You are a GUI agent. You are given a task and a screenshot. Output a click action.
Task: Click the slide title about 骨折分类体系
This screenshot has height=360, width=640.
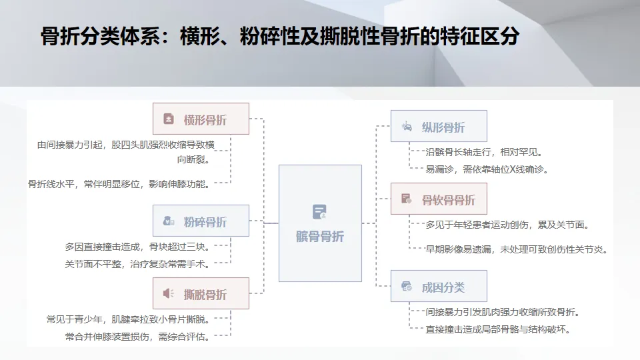280,37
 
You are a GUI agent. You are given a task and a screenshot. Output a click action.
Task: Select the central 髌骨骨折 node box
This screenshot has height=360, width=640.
320,223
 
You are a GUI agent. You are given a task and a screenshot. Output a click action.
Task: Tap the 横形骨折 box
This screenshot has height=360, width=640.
201,119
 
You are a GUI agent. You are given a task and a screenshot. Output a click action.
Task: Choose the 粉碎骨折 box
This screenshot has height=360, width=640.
201,221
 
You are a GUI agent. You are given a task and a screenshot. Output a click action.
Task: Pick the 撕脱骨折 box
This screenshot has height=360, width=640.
201,294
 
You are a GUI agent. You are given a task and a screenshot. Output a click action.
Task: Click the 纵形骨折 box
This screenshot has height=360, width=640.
439,127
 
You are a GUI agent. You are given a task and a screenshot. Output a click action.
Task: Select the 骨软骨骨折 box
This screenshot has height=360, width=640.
439,199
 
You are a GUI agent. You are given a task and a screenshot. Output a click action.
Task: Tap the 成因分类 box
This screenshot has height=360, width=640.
439,287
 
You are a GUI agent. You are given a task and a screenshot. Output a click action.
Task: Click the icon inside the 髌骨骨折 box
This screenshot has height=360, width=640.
320,212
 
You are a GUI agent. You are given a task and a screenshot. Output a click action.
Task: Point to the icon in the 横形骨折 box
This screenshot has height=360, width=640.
169,120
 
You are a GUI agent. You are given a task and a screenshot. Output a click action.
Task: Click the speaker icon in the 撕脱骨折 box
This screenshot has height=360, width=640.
169,294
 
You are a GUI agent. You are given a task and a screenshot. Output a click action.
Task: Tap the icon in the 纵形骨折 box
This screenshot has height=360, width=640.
407,127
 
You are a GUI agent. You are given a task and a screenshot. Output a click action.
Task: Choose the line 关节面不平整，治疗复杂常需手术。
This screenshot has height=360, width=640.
137,264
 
